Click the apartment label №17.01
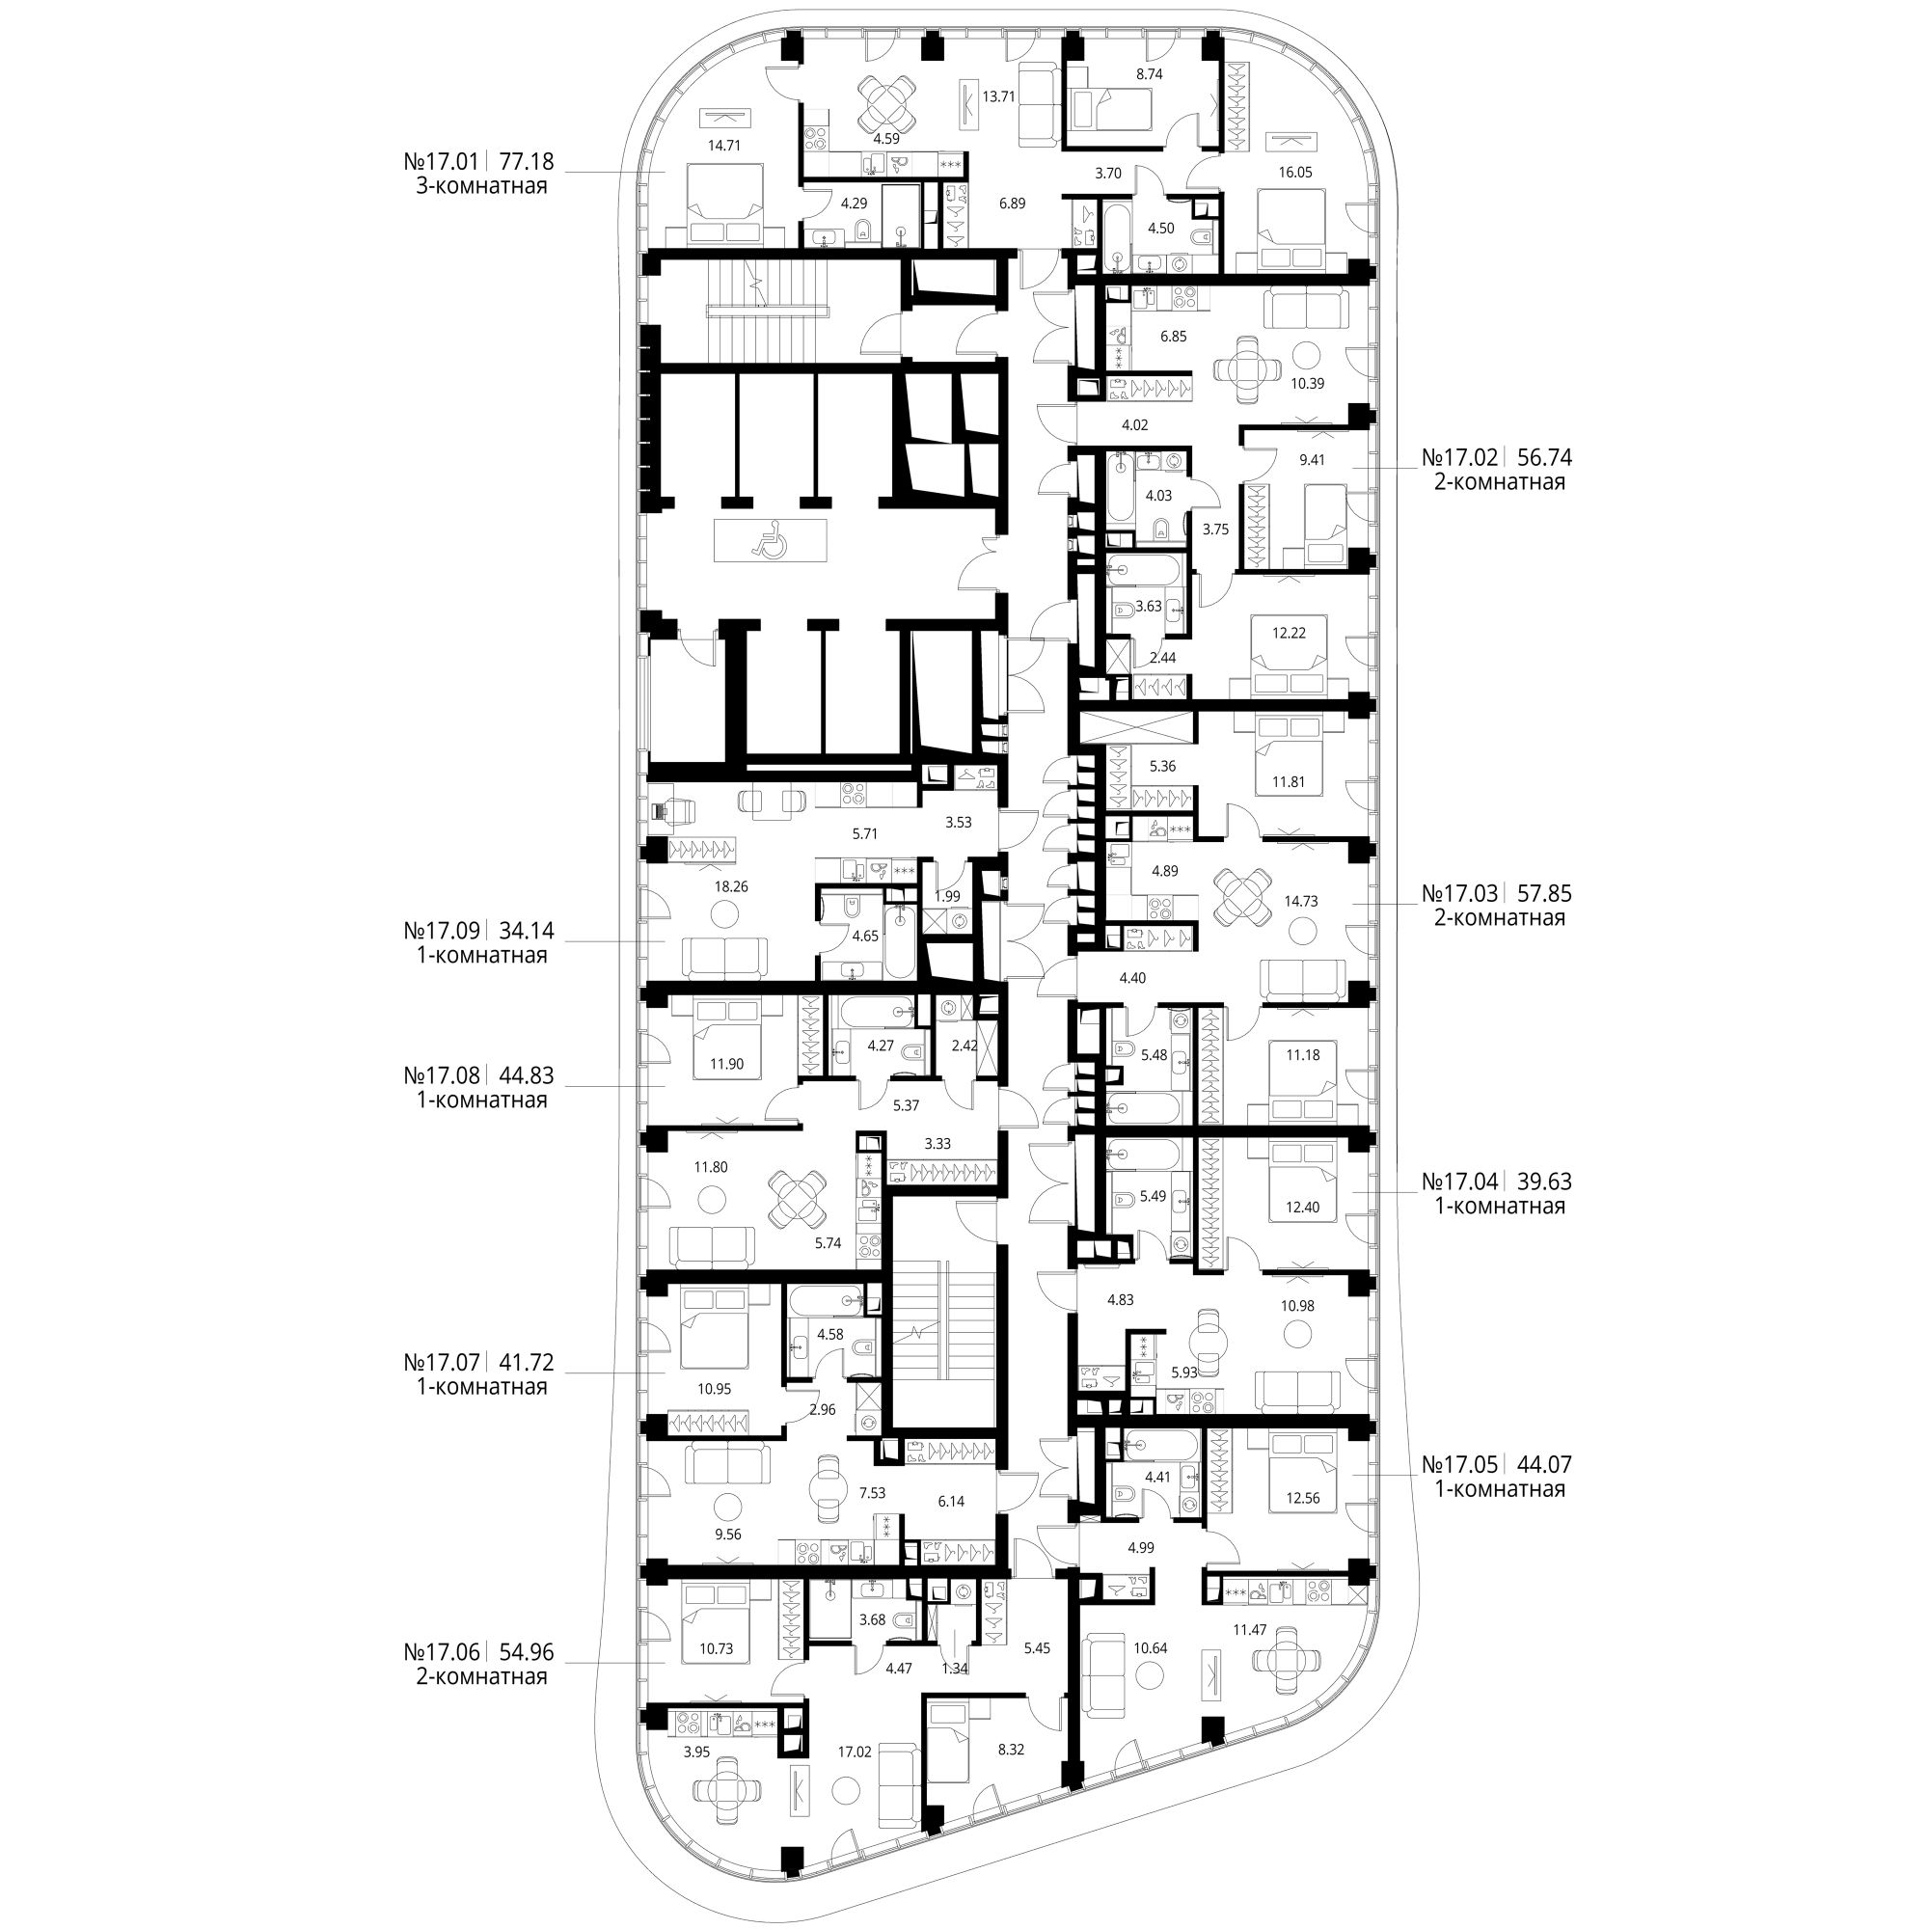tap(442, 161)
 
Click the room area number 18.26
tap(731, 885)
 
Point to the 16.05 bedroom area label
tap(1295, 172)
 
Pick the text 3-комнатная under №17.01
tap(481, 186)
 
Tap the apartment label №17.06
tap(442, 1653)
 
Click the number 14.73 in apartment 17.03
tap(1301, 901)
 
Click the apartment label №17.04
tap(1458, 1182)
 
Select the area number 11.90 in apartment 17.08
tap(728, 1063)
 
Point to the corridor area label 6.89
tap(1013, 203)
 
